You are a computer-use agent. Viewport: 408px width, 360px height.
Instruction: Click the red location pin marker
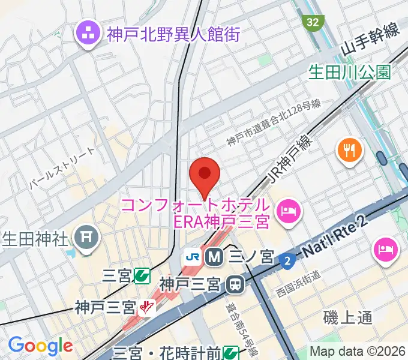205,174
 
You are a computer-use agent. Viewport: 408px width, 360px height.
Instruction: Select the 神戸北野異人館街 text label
173,34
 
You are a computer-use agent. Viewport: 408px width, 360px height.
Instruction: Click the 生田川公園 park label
349,72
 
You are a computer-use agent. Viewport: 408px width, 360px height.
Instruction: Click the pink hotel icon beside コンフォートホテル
290,211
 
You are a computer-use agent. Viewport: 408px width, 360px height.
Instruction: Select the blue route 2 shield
287,260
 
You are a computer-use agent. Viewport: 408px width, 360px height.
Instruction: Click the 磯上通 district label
347,317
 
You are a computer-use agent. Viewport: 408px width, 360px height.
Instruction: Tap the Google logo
40,346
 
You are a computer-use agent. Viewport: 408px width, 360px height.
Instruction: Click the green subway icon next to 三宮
142,276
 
